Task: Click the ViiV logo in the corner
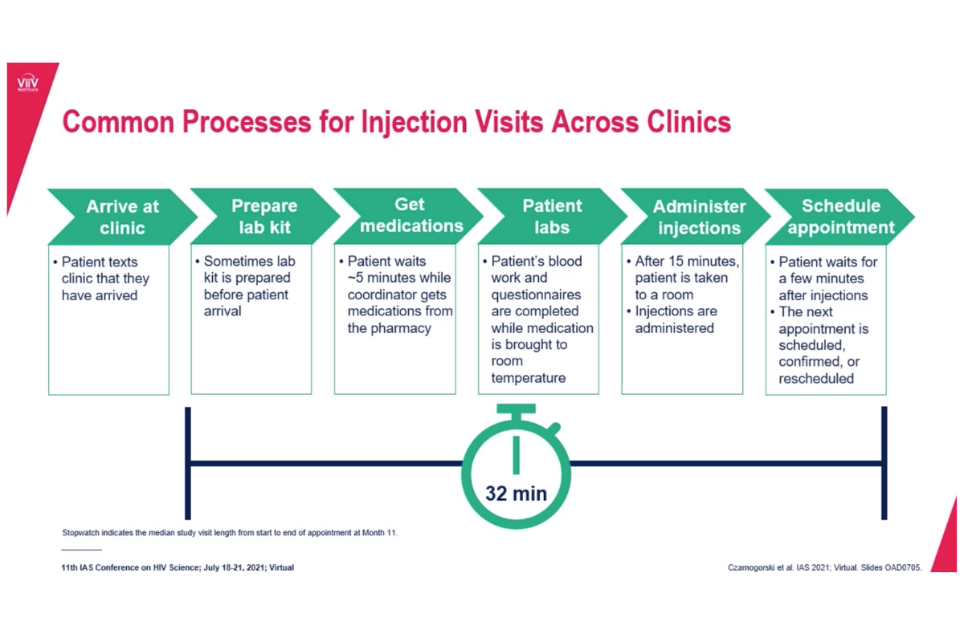(x=28, y=84)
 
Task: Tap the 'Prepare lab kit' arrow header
(x=263, y=217)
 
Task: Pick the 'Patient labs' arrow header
(x=551, y=217)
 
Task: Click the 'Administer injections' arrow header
(x=697, y=217)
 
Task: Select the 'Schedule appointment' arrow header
(x=840, y=217)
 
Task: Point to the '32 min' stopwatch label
(x=516, y=493)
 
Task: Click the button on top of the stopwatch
(x=516, y=412)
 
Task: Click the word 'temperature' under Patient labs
(x=528, y=378)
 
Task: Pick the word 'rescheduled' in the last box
(x=816, y=379)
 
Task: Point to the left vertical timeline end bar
(x=187, y=463)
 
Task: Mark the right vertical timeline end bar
(x=884, y=463)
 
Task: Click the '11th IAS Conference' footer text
(x=178, y=567)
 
